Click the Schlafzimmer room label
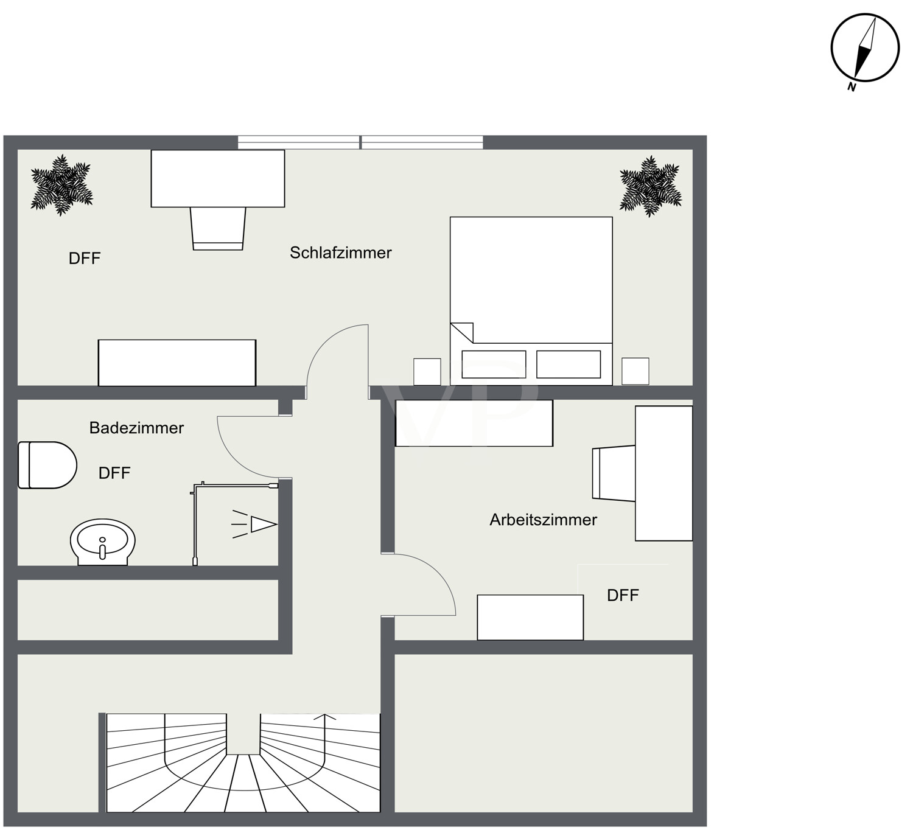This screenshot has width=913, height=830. click(x=340, y=253)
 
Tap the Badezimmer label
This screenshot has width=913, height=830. click(x=136, y=428)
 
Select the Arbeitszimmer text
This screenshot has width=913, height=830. click(x=543, y=520)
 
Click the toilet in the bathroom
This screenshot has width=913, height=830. click(x=47, y=465)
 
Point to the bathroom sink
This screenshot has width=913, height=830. click(x=103, y=542)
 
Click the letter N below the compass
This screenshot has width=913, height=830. click(x=852, y=87)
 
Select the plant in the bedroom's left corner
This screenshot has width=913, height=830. click(x=62, y=185)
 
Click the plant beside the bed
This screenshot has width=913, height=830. click(x=651, y=186)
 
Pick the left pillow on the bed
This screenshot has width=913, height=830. click(x=494, y=364)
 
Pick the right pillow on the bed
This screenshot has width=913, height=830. click(x=568, y=364)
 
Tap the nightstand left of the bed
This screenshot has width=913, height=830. click(x=427, y=372)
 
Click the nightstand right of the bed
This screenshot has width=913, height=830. click(x=635, y=371)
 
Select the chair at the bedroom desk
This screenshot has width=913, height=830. click(x=218, y=228)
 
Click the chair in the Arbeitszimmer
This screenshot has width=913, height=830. click(x=614, y=473)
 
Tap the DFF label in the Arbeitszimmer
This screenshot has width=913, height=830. click(x=623, y=595)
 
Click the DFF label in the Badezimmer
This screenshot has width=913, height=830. click(x=114, y=473)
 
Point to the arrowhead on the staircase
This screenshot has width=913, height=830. click(x=324, y=717)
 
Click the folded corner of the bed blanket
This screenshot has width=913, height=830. click(x=462, y=333)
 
